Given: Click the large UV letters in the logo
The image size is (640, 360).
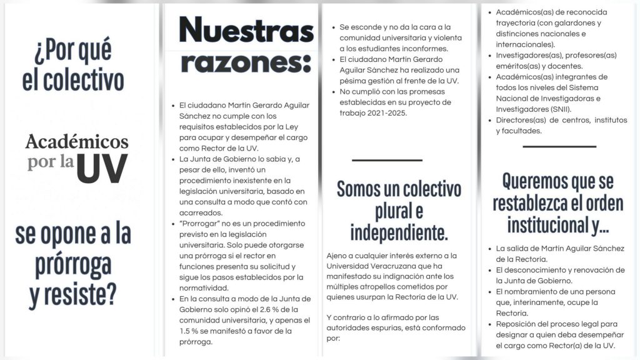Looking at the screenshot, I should pyautogui.click(x=102, y=167).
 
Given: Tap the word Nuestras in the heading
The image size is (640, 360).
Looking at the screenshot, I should pyautogui.click(x=246, y=30).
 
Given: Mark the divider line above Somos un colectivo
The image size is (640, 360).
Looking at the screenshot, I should pyautogui.click(x=387, y=161).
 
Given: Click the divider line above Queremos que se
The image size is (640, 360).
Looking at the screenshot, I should pyautogui.click(x=559, y=147).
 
